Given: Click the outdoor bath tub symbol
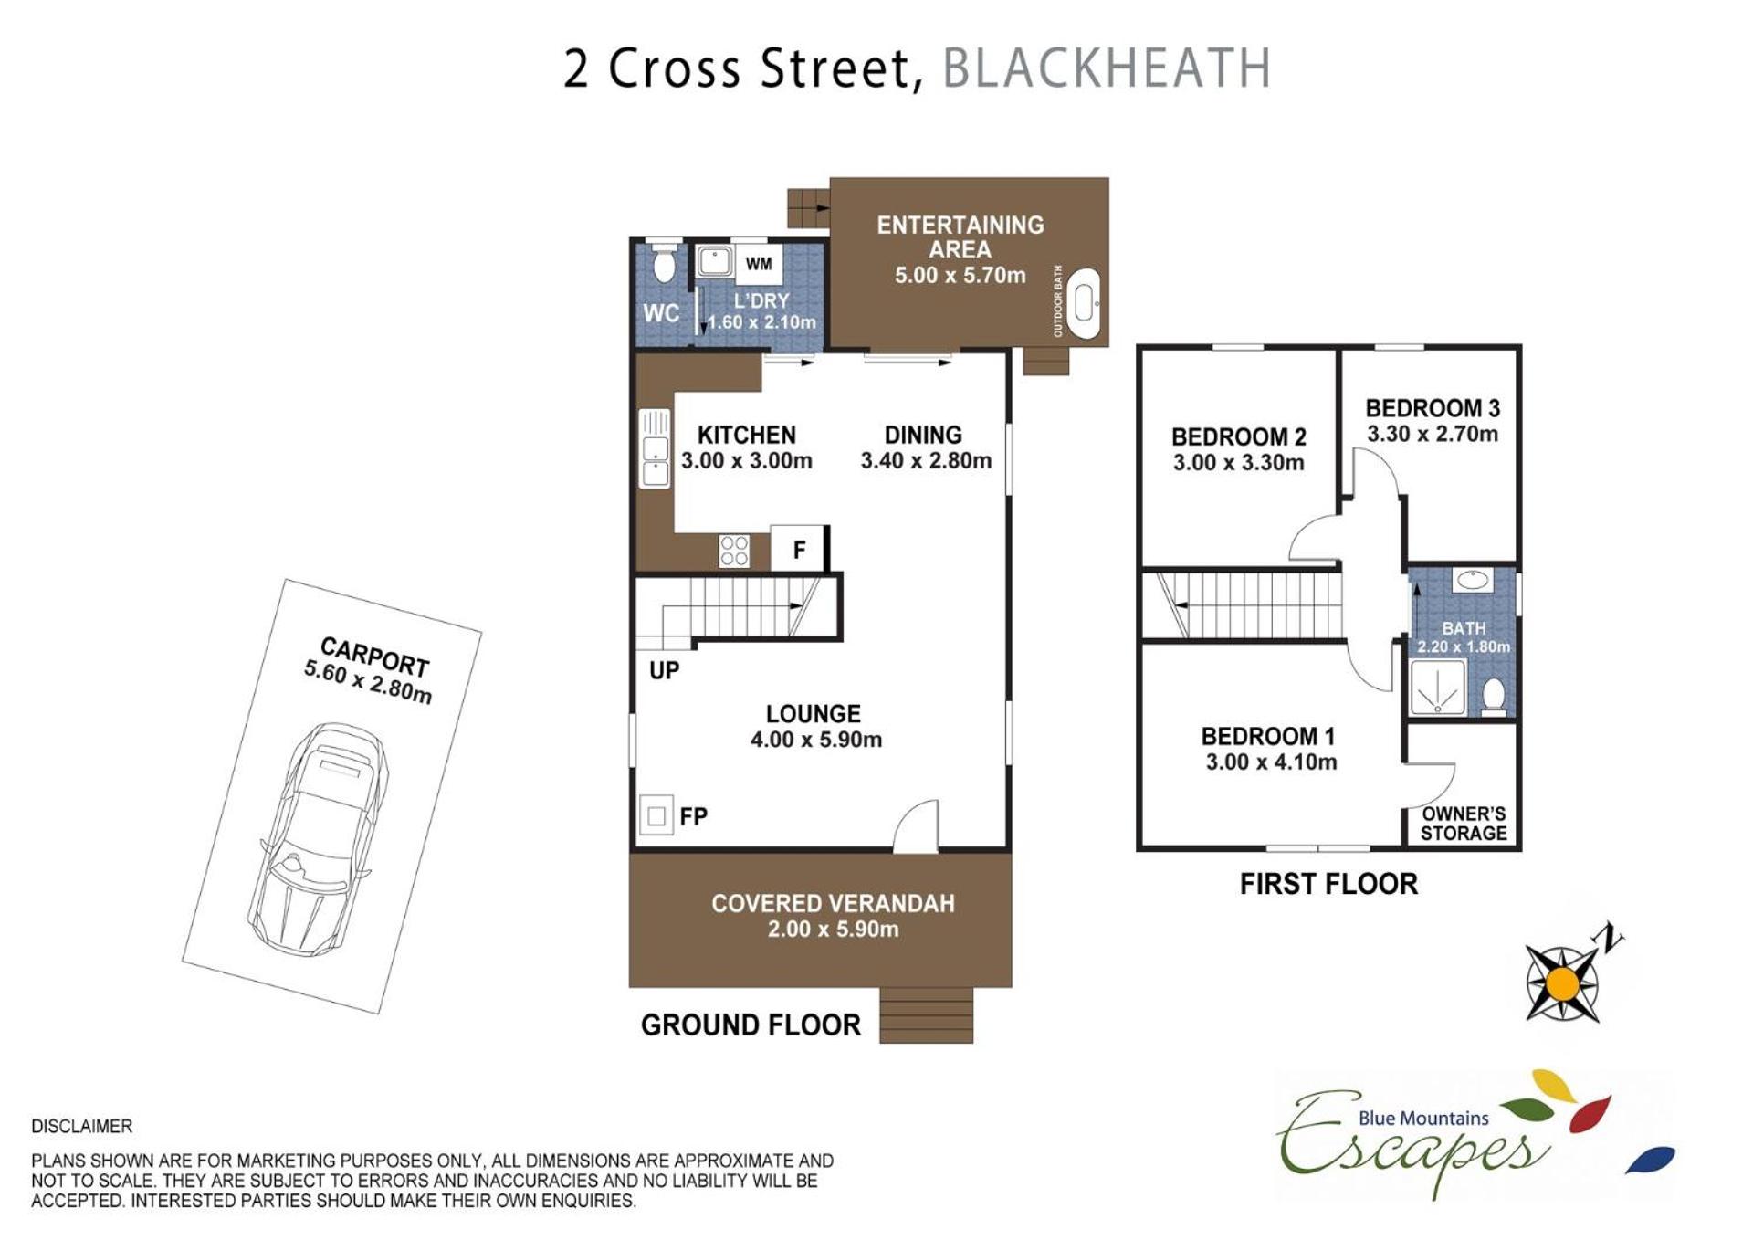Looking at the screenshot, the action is [1084, 304].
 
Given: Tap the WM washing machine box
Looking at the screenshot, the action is [758, 264].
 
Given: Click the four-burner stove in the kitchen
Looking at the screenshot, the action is [734, 551].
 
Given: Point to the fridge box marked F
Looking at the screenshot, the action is [799, 549].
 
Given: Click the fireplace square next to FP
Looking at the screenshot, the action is [656, 815].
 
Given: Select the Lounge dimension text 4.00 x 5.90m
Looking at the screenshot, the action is [816, 740].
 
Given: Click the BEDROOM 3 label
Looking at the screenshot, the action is [1432, 408].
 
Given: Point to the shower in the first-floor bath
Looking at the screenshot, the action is [1437, 686].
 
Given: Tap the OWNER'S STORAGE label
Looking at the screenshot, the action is [1464, 824].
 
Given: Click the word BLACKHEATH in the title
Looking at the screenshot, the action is [1106, 68].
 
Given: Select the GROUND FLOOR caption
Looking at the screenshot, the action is [751, 1025].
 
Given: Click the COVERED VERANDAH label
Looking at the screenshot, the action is [833, 903].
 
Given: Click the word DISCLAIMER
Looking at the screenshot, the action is [81, 1126].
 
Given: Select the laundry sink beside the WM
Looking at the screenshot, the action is [713, 262].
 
